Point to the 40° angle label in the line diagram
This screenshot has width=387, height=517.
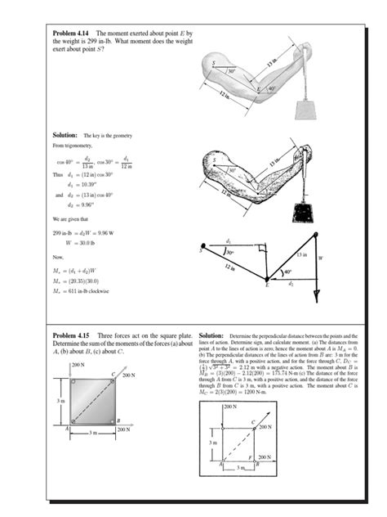(287, 272)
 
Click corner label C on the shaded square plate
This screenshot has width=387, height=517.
(113, 374)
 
